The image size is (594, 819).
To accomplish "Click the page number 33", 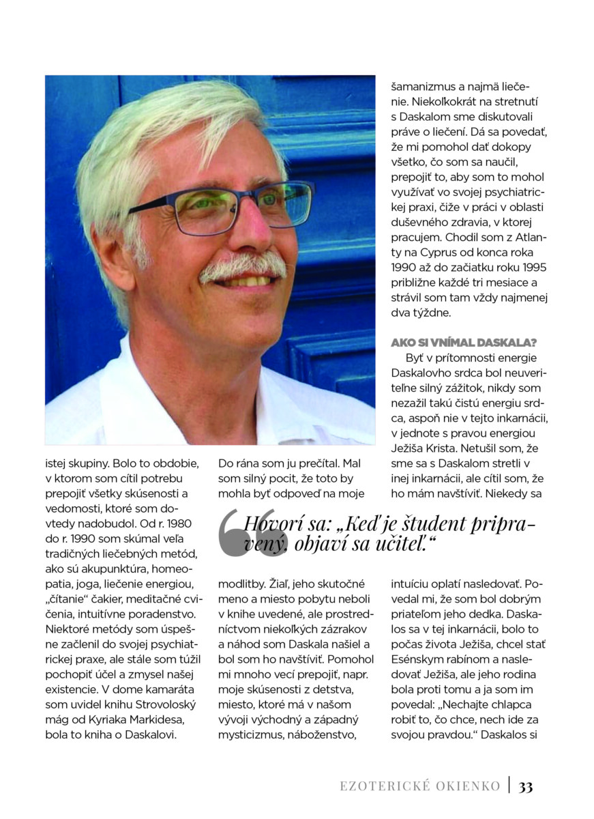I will [525, 786].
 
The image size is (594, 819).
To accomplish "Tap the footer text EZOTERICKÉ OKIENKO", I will [420, 786].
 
